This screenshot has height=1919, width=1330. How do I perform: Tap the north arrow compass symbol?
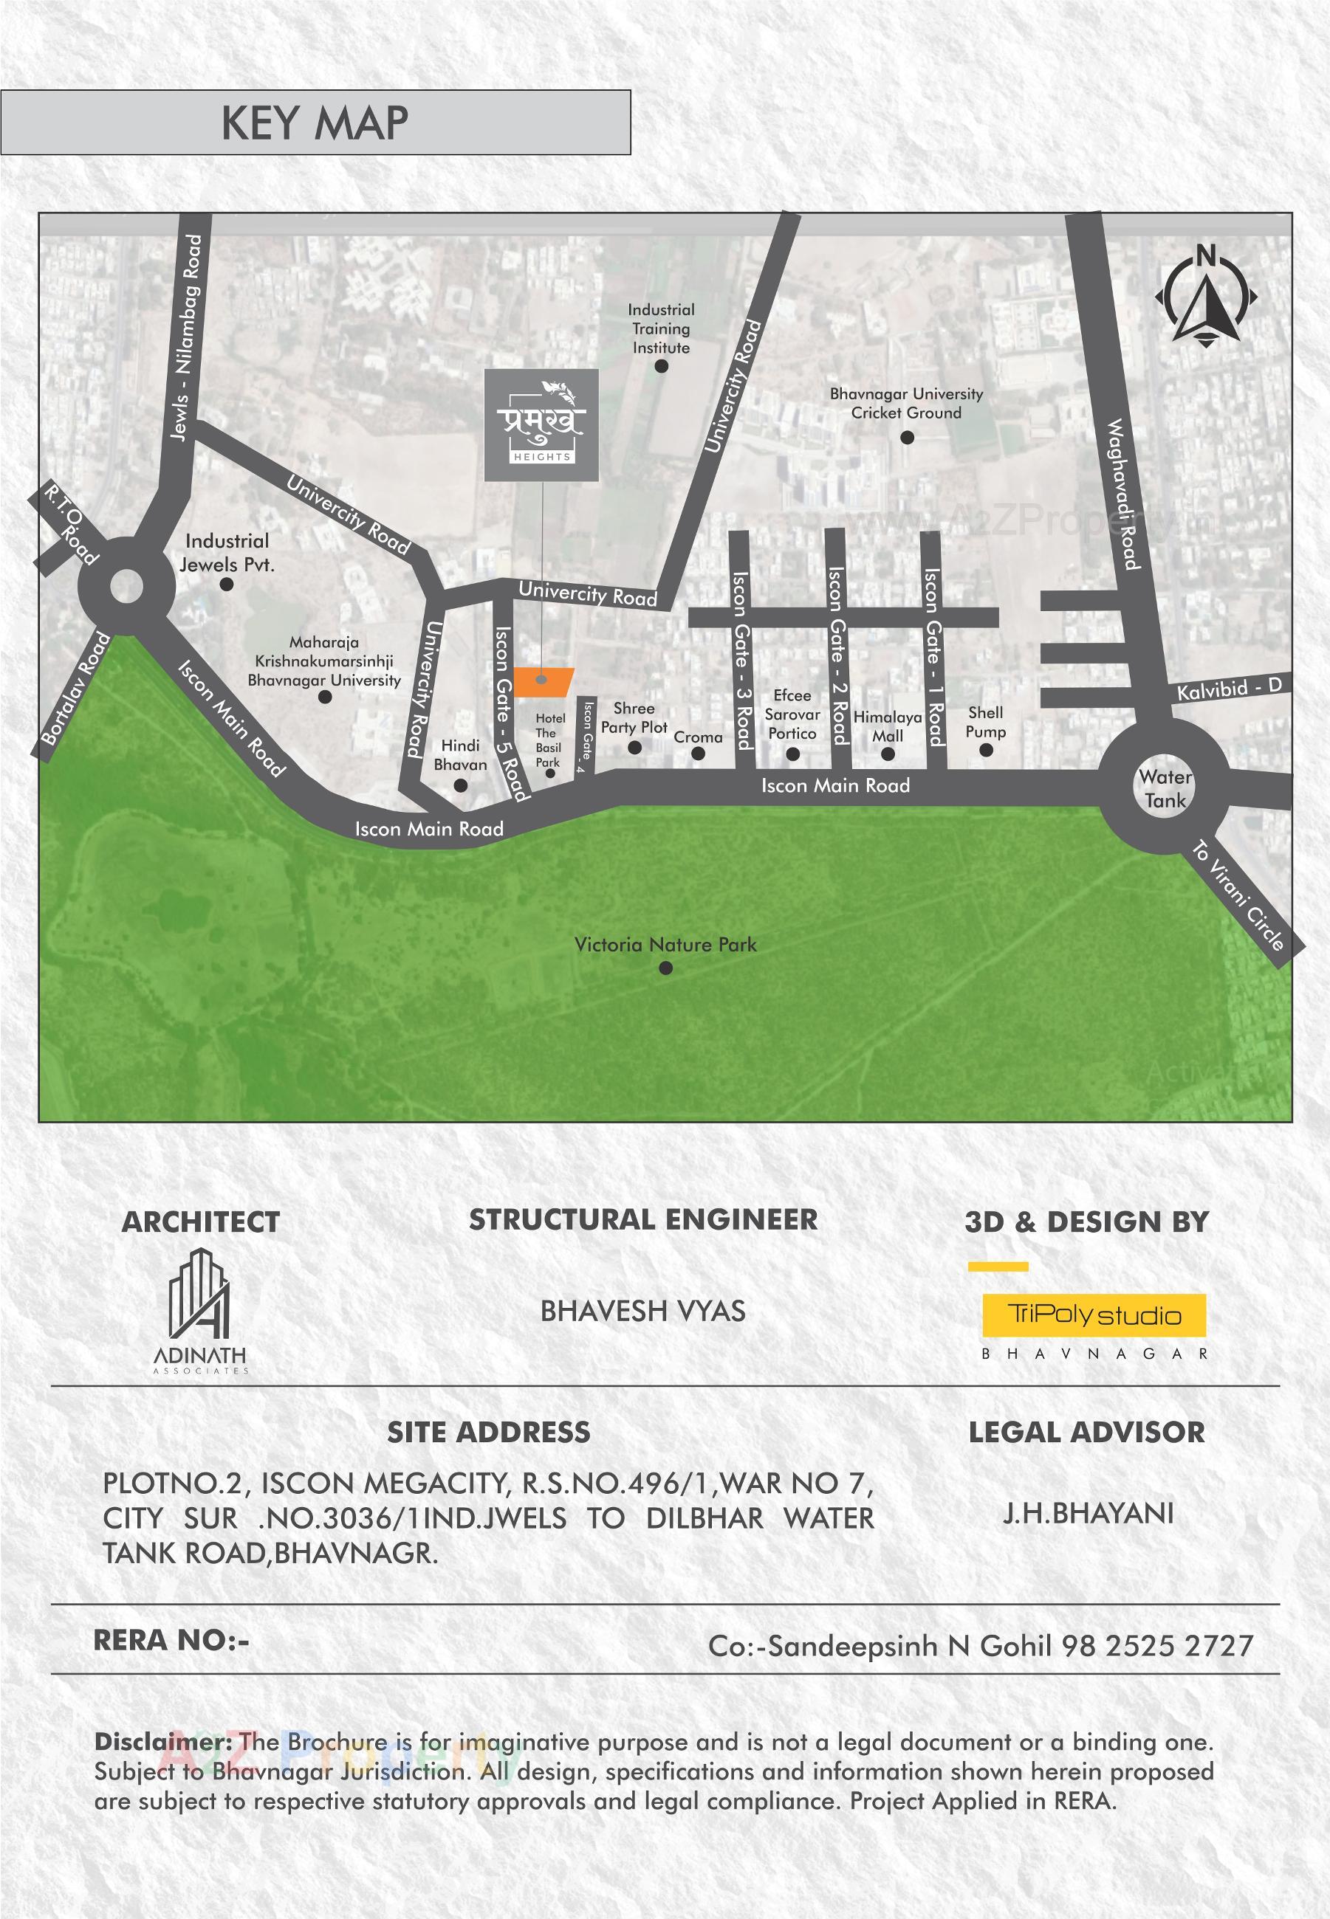pos(1205,297)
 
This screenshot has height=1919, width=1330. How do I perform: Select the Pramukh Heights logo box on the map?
pos(541,425)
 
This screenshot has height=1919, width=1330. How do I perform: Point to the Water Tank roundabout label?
pos(1165,788)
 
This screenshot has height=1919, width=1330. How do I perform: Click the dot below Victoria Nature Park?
pos(665,968)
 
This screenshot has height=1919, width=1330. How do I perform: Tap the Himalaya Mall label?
pos(888,726)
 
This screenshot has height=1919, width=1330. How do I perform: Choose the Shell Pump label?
pos(985,721)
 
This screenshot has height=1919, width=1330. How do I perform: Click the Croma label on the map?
pos(698,737)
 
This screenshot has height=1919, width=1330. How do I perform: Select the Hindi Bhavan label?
pos(460,754)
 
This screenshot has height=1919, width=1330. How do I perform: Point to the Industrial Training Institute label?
pos(660,328)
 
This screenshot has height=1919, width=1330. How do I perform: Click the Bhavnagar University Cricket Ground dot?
pos(907,437)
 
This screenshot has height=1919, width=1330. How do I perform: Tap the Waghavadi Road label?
pos(1122,494)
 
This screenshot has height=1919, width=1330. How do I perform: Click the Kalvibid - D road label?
pos(1228,689)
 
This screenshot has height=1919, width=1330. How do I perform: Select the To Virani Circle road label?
pos(1238,895)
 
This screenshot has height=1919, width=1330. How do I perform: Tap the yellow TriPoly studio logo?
pos(1094,1315)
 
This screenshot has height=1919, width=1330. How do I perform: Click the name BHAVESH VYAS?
pos(642,1311)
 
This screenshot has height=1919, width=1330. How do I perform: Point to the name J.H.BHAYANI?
pos(1088,1512)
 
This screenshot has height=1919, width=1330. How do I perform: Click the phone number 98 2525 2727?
pos(1156,1646)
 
